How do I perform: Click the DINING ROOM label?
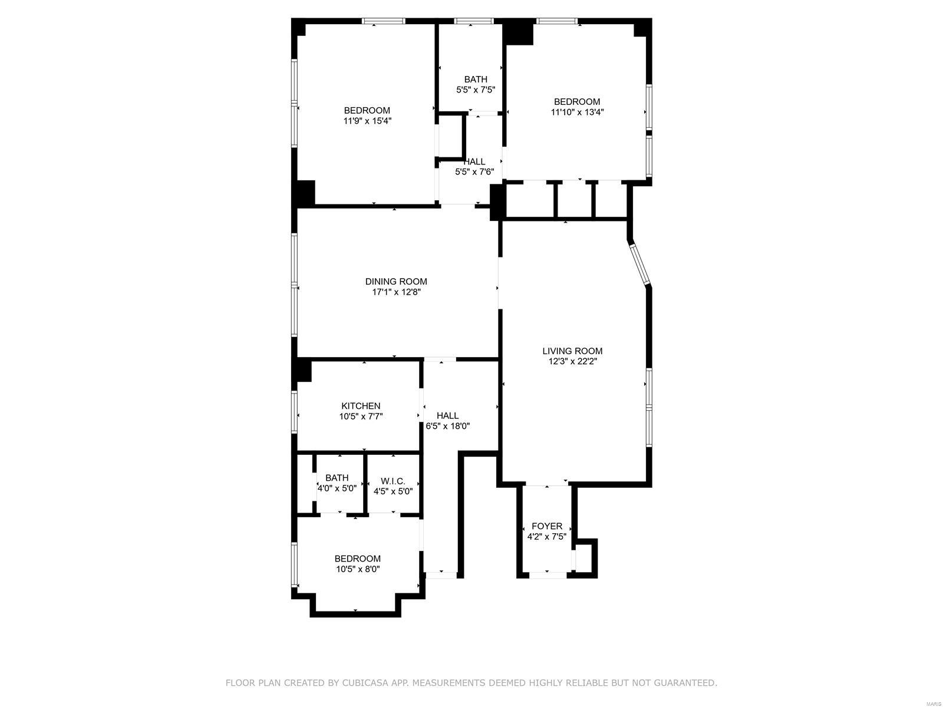click(395, 282)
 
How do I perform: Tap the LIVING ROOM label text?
click(572, 351)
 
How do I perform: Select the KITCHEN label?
click(361, 406)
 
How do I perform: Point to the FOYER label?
click(546, 526)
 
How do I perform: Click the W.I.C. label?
click(393, 481)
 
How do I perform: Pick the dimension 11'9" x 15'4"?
click(367, 121)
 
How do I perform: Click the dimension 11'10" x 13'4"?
click(577, 113)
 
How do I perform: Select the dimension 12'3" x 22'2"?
click(572, 361)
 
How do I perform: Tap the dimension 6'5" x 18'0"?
click(448, 426)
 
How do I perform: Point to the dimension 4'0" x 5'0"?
click(337, 488)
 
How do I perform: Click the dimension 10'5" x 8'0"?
click(357, 569)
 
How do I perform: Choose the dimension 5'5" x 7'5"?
click(476, 90)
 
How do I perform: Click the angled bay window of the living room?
click(640, 263)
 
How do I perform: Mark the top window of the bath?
click(474, 21)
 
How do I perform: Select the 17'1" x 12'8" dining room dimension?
click(395, 292)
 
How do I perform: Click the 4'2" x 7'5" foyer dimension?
click(546, 537)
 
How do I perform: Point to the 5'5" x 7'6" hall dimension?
click(474, 172)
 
